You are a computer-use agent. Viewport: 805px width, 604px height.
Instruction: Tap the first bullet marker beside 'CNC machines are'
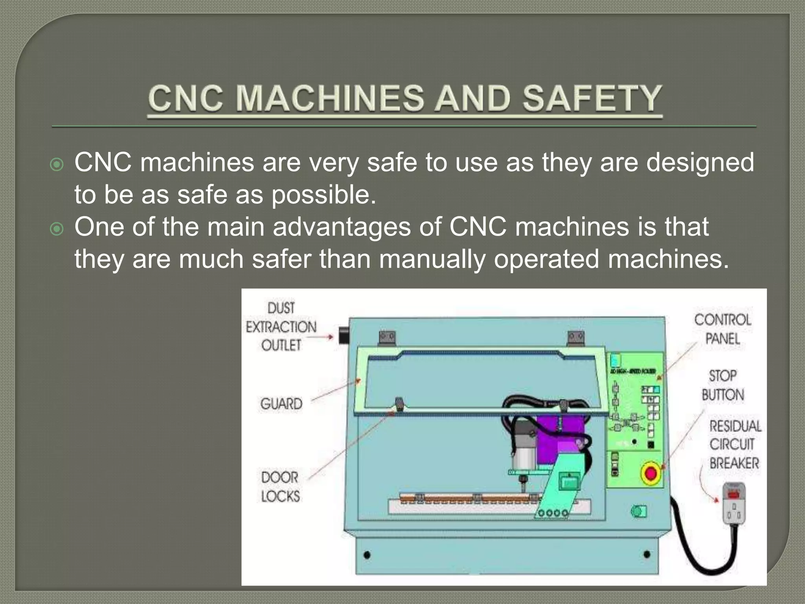57,164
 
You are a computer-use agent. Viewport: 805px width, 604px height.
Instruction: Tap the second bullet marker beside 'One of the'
57,229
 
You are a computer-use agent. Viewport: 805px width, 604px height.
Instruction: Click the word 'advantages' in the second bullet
342,227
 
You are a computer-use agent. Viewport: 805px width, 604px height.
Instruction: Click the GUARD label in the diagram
281,404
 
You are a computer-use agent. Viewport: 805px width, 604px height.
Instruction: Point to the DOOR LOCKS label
280,487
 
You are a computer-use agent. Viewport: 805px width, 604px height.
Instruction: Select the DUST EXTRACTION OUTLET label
281,327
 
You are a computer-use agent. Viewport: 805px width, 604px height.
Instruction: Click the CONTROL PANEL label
722,329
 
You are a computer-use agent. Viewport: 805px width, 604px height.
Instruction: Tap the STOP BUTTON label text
722,385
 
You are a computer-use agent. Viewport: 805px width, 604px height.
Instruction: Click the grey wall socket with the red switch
734,504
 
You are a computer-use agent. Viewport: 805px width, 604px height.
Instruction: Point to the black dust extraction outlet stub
344,336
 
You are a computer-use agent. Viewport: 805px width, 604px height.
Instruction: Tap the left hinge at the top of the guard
387,337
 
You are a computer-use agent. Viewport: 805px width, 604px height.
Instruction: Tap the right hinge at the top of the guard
576,337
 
